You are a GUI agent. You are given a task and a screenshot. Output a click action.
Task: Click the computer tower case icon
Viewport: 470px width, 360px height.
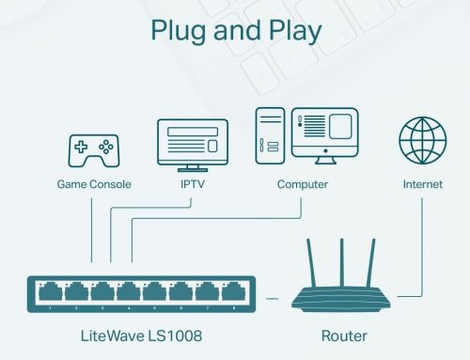tap(269, 135)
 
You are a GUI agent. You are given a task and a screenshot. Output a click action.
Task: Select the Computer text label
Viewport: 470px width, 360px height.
tap(302, 185)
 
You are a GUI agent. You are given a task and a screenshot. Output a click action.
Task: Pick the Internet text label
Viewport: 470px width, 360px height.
tap(422, 185)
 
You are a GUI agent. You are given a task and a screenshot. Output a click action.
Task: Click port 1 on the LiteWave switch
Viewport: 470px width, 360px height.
tap(45, 291)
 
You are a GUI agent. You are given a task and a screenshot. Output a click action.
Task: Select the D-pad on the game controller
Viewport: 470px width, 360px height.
tap(81, 148)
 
